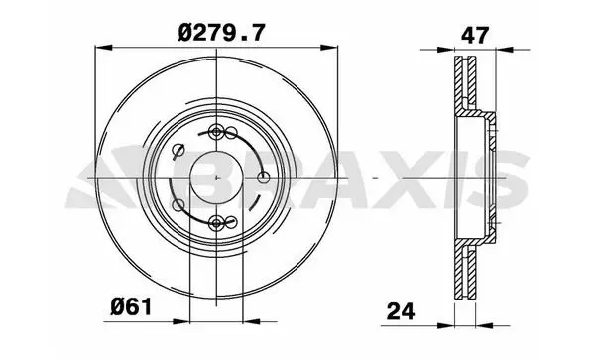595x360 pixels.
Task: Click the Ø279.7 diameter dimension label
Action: [x=221, y=33]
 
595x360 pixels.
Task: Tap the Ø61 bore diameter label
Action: [x=131, y=306]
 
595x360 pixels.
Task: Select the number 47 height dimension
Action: [x=474, y=36]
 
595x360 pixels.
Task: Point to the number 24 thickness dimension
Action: [x=401, y=311]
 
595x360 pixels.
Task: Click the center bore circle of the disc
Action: [x=216, y=178]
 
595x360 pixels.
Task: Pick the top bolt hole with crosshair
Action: [x=216, y=132]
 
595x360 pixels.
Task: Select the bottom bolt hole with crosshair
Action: [x=216, y=223]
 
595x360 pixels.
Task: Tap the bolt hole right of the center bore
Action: [x=264, y=178]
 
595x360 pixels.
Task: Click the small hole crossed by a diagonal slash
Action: [x=178, y=150]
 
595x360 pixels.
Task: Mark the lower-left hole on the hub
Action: [x=178, y=205]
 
